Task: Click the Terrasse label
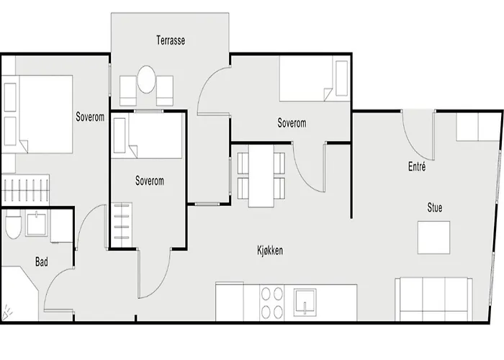[171, 40]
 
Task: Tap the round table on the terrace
[147, 80]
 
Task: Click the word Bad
[42, 263]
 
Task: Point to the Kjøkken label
[269, 251]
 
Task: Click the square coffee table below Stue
[434, 237]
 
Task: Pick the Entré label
[416, 167]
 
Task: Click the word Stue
[434, 208]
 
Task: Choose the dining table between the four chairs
[261, 176]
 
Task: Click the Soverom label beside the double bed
[89, 117]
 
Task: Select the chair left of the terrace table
[127, 91]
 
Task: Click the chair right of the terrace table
[166, 91]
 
